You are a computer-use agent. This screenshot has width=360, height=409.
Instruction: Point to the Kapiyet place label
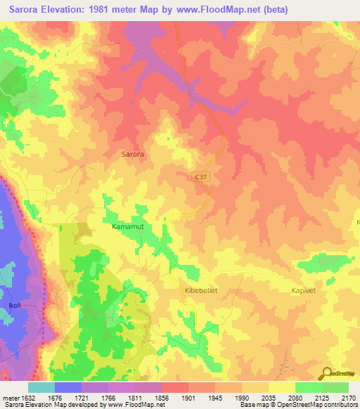pos(306,289)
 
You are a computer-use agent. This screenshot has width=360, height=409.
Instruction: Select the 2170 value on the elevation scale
pos(349,398)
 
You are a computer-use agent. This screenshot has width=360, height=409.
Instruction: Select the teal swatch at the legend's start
pos(41,387)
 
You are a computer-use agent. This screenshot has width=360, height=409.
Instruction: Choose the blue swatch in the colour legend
pos(67,387)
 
